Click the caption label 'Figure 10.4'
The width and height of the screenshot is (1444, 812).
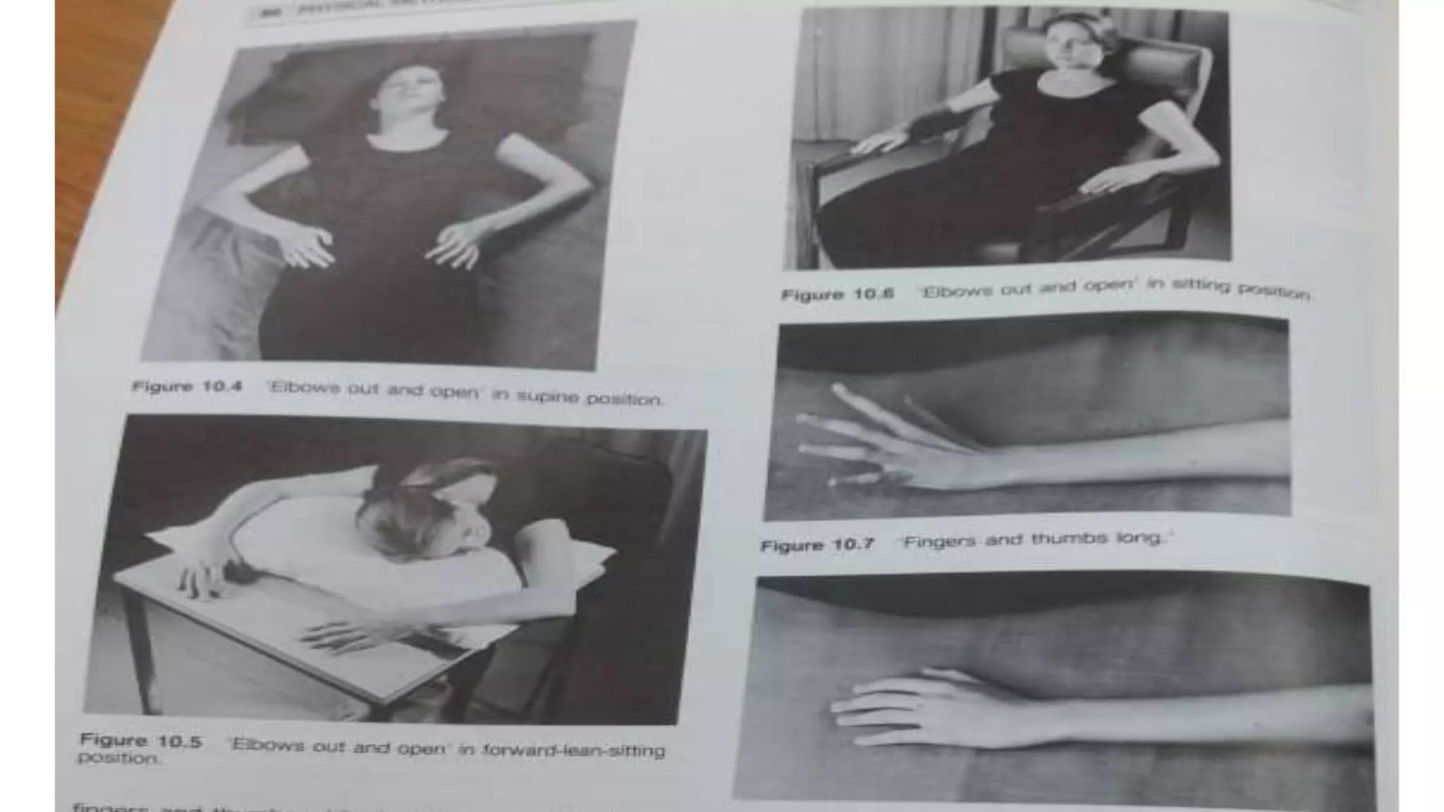187,387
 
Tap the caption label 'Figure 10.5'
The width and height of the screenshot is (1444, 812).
141,741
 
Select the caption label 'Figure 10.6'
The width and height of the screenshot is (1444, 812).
838,294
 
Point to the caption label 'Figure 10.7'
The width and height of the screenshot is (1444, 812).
818,545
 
